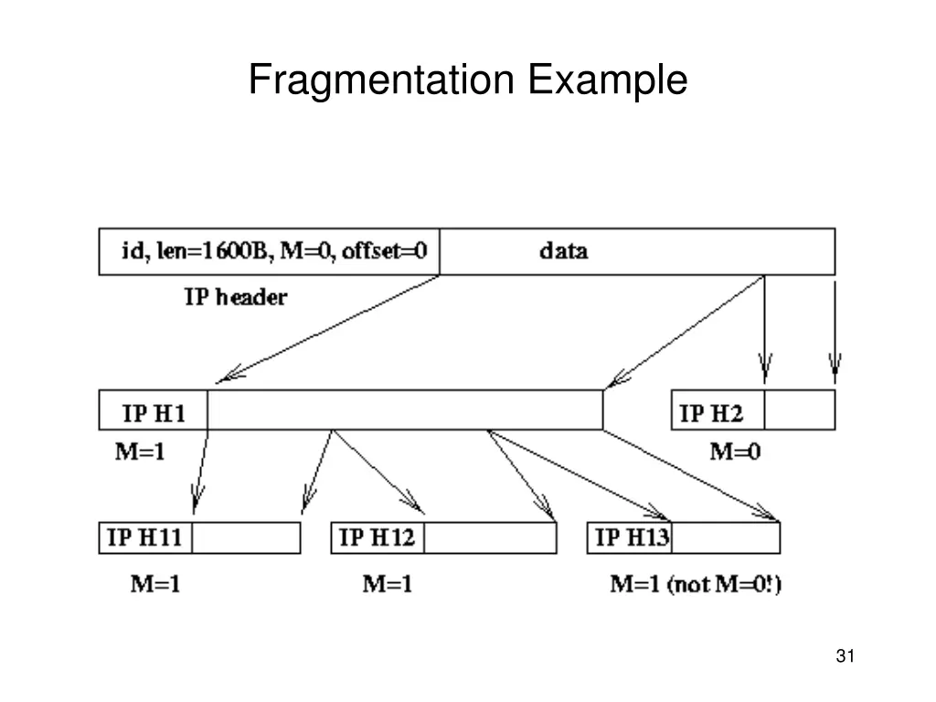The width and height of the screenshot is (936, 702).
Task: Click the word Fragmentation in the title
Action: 382,80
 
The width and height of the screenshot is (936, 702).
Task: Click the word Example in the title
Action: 607,80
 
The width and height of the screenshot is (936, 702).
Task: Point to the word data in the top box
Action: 563,250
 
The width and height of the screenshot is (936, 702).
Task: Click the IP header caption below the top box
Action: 236,297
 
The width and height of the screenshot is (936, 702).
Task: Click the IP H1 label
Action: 154,414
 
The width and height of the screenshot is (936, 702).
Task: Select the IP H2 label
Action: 712,414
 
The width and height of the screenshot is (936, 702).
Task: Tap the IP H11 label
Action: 145,537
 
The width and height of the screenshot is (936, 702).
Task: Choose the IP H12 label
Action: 377,537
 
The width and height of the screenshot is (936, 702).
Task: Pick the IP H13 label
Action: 632,537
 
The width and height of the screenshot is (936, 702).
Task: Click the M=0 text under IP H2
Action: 736,451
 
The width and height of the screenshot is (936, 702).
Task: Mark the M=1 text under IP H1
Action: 140,451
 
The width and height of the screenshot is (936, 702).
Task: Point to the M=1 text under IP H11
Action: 153,583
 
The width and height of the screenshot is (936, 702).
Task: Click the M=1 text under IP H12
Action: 387,583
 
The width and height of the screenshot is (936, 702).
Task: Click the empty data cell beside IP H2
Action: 799,410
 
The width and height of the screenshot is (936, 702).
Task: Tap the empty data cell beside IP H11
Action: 246,537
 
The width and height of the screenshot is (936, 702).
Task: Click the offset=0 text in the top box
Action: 385,250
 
